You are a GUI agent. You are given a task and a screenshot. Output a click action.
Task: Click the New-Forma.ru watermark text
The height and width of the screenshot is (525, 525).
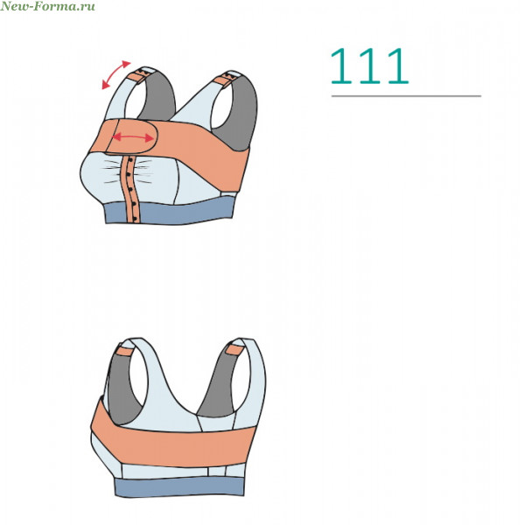pyautogui.click(x=47, y=6)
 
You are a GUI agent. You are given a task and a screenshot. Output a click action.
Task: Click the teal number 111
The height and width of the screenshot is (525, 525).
pyautogui.click(x=369, y=66)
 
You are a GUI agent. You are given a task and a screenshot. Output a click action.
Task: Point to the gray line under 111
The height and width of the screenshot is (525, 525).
pyautogui.click(x=406, y=96)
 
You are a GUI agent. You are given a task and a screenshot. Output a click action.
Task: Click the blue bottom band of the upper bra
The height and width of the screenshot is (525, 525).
pyautogui.click(x=170, y=211)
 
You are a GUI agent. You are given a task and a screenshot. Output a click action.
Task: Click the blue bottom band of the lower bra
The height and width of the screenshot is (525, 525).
pyautogui.click(x=179, y=486)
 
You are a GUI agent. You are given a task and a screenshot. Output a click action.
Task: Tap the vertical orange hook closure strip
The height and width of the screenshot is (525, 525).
pyautogui.click(x=131, y=188)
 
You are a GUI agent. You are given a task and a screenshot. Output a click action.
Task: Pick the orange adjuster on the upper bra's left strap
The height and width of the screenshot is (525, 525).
pyautogui.click(x=136, y=77)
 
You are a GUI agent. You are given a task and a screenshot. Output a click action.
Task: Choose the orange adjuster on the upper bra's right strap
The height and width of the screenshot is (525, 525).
pyautogui.click(x=222, y=81)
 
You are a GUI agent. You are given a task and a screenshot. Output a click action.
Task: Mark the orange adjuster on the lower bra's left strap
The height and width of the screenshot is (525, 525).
pyautogui.click(x=124, y=351)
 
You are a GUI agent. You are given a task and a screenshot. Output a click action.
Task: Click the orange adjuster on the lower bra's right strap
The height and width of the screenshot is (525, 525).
pyautogui.click(x=234, y=350)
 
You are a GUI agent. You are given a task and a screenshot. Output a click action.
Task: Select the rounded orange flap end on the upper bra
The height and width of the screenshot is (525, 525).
pyautogui.click(x=131, y=136)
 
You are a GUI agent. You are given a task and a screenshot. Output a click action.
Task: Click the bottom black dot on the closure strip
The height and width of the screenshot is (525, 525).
pyautogui.click(x=135, y=219)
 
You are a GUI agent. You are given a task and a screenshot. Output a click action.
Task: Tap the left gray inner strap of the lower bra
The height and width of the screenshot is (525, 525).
pyautogui.click(x=123, y=388)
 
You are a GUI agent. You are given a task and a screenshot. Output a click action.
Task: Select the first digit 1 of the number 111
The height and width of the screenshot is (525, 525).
pyautogui.click(x=342, y=66)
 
